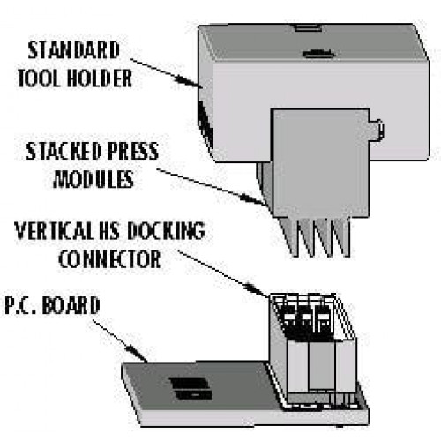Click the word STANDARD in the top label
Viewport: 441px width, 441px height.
pyautogui.click(x=74, y=50)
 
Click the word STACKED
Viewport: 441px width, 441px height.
pyautogui.click(x=64, y=151)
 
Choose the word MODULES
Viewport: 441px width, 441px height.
pyautogui.click(x=93, y=179)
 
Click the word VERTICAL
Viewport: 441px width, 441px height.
pyautogui.click(x=55, y=230)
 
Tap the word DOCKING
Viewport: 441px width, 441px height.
pyautogui.click(x=166, y=230)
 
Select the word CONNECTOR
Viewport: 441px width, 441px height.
pyautogui.click(x=109, y=258)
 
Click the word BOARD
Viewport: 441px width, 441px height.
pyautogui.click(x=71, y=305)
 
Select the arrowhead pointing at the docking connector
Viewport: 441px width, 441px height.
pyautogui.click(x=258, y=289)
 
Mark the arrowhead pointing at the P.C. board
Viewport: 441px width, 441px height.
pyautogui.click(x=138, y=353)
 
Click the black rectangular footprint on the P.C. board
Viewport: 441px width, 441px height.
pyautogui.click(x=191, y=389)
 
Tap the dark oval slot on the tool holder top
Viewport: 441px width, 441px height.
pyautogui.click(x=318, y=54)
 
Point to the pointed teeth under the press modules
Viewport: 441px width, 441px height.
pyautogui.click(x=315, y=236)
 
